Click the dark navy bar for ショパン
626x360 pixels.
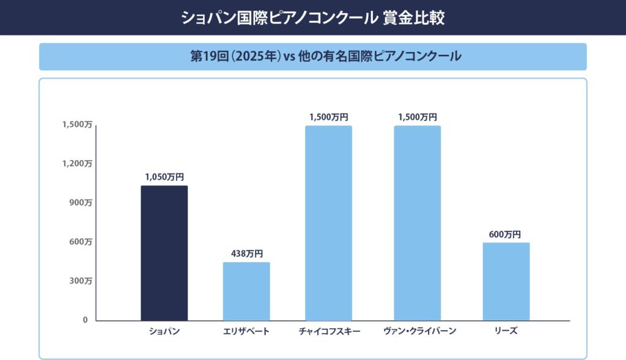pos(164,253)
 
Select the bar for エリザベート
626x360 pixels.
pos(246,291)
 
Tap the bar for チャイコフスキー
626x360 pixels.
pos(329,223)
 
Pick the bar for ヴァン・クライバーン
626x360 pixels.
pos(417,223)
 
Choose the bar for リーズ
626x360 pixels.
pos(506,281)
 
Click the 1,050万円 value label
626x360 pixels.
pos(164,177)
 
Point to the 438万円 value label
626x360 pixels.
pos(246,254)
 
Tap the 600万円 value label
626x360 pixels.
pos(505,234)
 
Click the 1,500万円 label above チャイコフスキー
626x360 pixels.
pos(329,117)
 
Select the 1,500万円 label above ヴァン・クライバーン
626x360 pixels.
pos(417,117)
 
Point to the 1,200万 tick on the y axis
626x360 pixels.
pos(77,164)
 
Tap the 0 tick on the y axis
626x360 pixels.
pos(86,320)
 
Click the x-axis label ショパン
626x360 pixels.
pos(164,331)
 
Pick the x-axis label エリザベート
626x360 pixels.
pos(246,331)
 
